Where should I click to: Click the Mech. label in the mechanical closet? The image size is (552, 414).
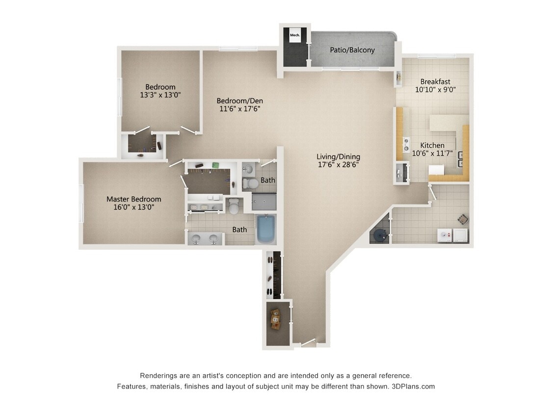[x=294, y=35]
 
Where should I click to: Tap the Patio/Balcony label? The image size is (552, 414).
[x=352, y=50]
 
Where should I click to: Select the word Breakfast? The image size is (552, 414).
[x=435, y=81]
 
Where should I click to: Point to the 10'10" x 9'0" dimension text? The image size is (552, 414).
[x=435, y=90]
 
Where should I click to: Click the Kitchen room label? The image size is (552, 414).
[x=432, y=145]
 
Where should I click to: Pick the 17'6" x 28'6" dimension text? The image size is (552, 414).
[x=338, y=165]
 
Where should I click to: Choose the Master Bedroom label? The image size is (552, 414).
[x=133, y=199]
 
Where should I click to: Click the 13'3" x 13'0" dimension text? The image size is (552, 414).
[x=160, y=95]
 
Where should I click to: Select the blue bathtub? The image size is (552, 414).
[x=266, y=229]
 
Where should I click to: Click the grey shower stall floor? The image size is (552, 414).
[x=264, y=202]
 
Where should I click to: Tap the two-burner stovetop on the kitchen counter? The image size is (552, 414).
[x=406, y=145]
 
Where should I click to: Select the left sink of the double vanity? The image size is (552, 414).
[x=196, y=239]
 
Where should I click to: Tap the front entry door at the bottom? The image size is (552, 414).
[x=308, y=343]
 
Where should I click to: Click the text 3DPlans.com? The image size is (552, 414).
[x=413, y=386]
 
